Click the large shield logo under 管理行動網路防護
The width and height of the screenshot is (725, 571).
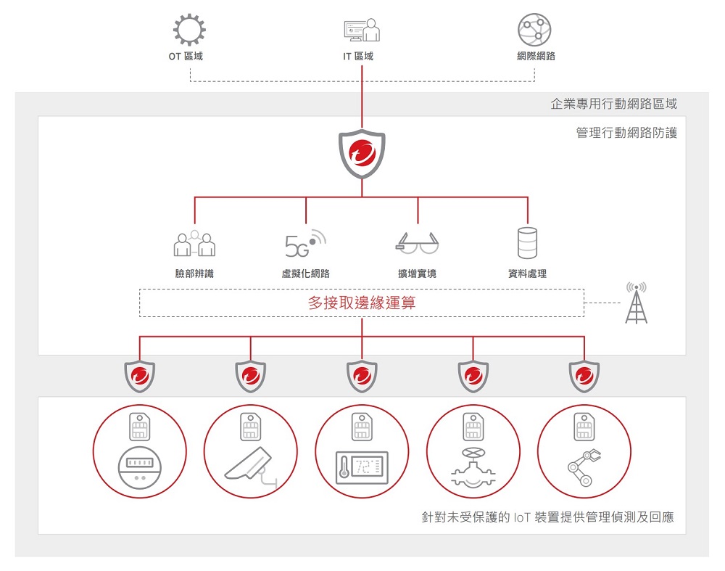[x=362, y=154]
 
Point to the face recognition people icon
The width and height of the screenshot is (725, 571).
[x=194, y=245]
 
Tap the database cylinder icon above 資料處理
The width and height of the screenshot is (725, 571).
[x=527, y=243]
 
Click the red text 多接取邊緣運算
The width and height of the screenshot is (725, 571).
[x=362, y=303]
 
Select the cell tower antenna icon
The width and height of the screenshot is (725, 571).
[x=636, y=303]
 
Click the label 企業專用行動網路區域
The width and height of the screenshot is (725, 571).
[x=613, y=104]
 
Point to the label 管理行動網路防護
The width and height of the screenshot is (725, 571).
[x=626, y=133]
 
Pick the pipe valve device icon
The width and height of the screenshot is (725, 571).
[x=473, y=468]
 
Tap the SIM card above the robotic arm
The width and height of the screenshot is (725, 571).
[x=584, y=427]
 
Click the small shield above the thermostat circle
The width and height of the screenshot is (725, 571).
[x=362, y=376]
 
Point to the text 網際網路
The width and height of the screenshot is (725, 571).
[x=536, y=56]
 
